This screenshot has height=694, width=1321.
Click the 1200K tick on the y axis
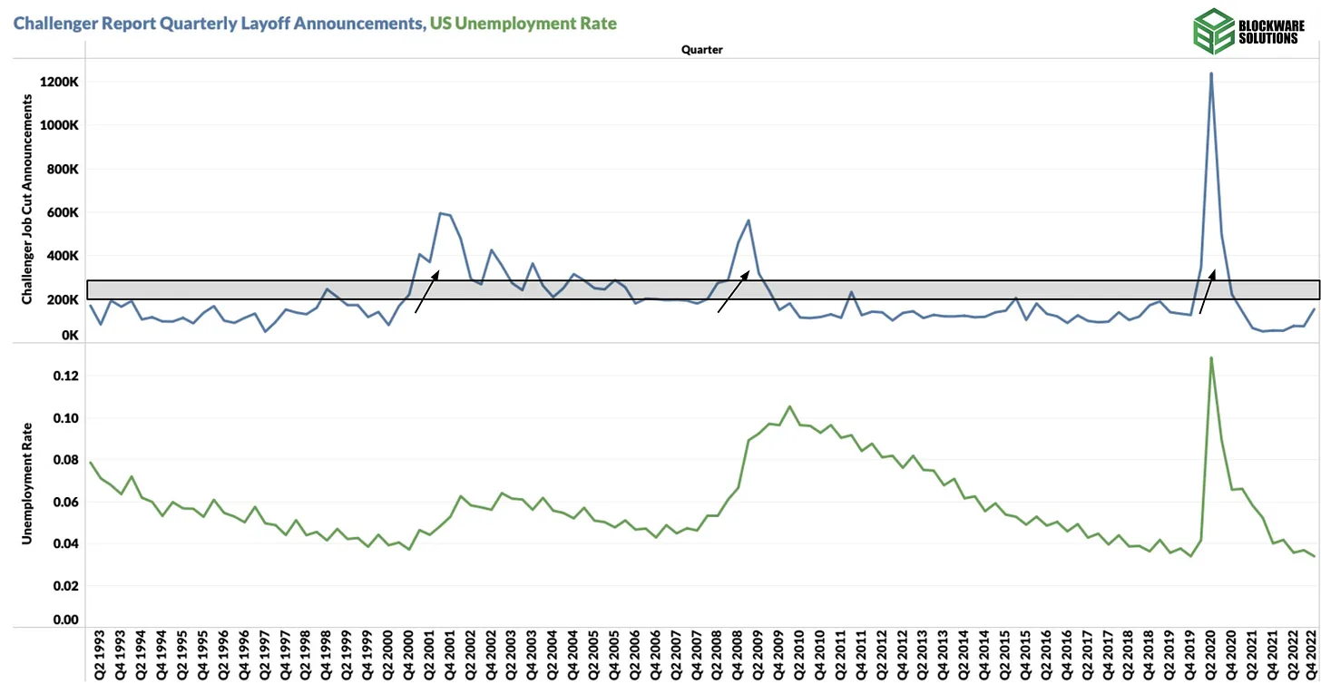click(59, 82)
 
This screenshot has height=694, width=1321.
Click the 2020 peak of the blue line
click(1211, 73)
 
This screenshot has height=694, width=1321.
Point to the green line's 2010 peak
click(789, 406)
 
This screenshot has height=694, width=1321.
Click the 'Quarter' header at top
click(702, 51)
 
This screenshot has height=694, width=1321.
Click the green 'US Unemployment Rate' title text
click(524, 23)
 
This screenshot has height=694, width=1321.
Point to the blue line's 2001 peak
click(440, 213)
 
